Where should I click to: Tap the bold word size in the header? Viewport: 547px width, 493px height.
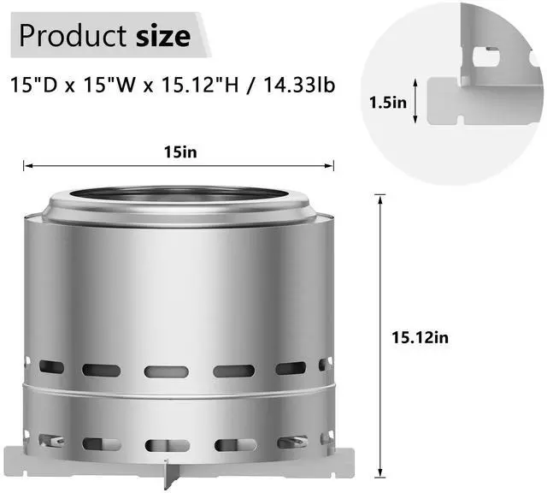pos(162,36)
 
